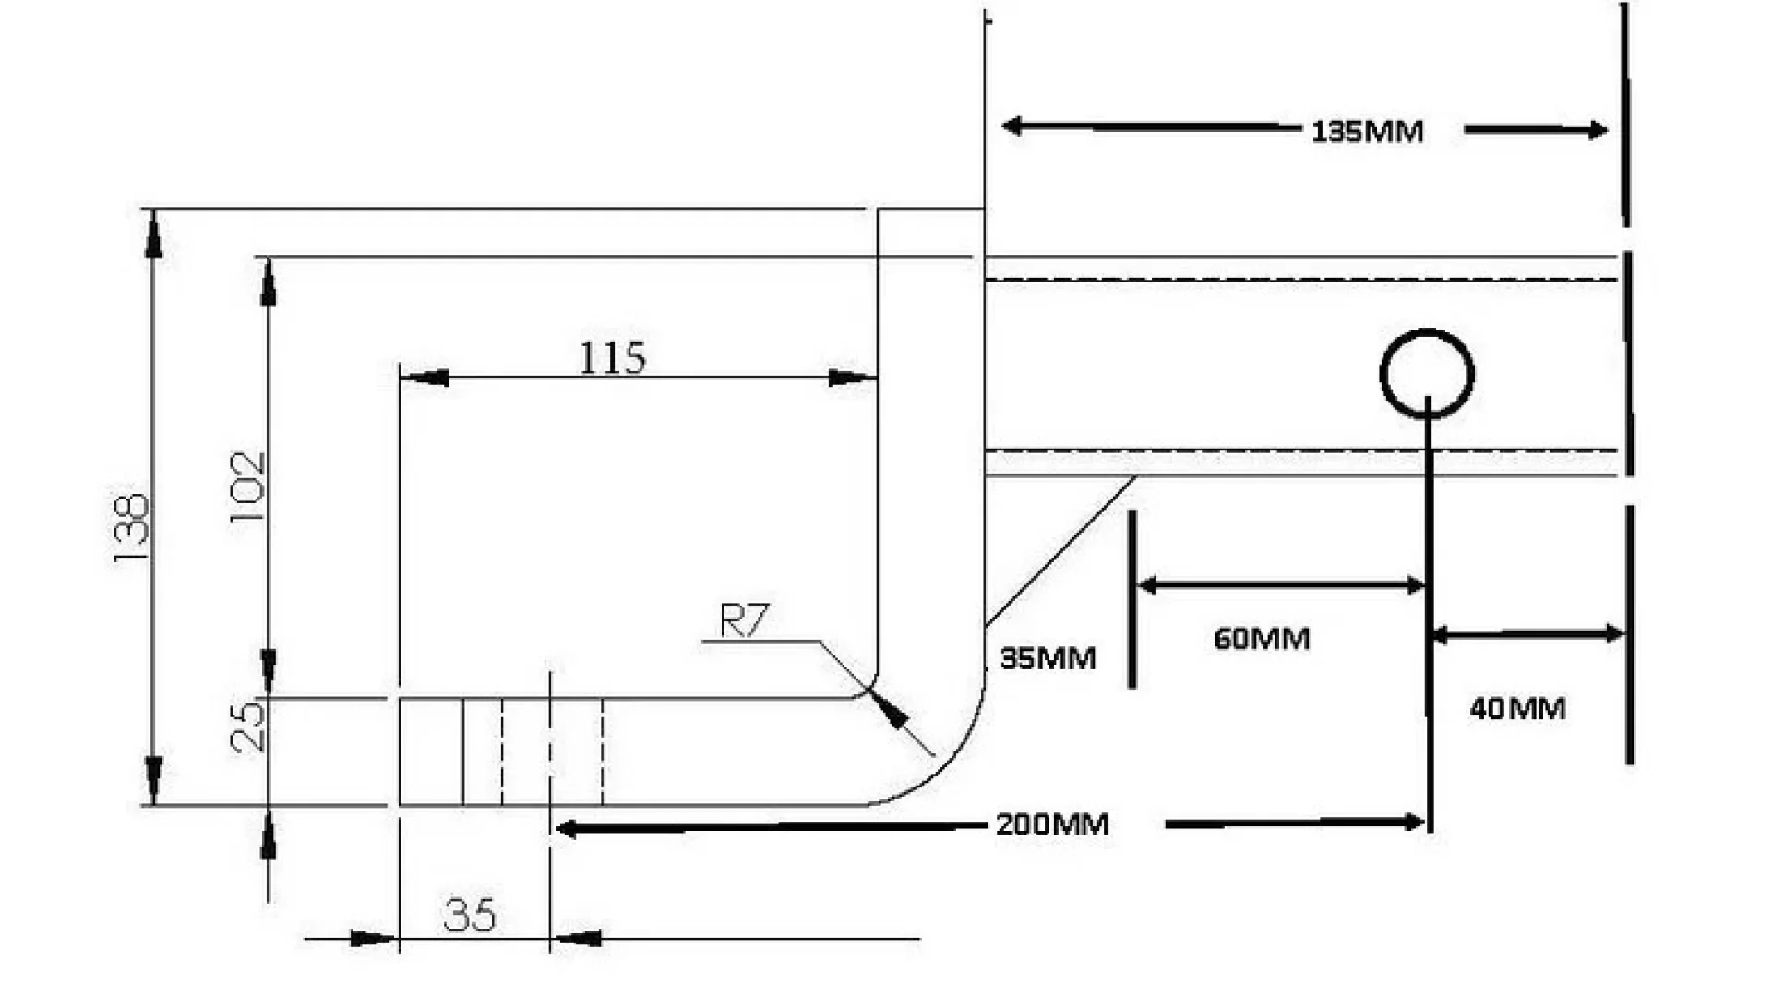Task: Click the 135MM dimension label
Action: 1367,132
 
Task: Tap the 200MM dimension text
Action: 1052,824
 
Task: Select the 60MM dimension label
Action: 1262,639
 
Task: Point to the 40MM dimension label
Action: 1517,709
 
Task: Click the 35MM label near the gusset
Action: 1048,659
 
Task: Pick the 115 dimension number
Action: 612,358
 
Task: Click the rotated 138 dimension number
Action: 130,530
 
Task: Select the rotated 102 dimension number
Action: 246,486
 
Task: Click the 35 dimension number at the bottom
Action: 469,916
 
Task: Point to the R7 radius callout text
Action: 743,621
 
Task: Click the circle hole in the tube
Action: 1427,374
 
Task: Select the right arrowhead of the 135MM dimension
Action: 1597,131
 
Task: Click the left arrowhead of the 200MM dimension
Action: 567,829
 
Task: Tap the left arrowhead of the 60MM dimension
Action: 1147,585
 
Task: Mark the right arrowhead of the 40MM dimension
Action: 1614,633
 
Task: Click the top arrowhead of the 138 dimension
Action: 154,234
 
